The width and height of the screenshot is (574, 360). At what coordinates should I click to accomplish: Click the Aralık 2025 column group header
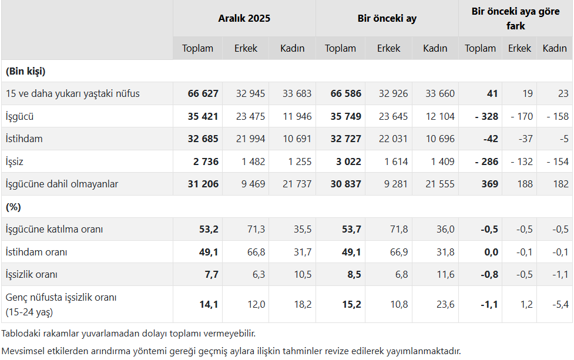pyautogui.click(x=244, y=18)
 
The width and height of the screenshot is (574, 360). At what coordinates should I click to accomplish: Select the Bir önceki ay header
pyautogui.click(x=387, y=18)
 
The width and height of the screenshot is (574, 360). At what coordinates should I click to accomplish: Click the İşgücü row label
pyautogui.click(x=19, y=116)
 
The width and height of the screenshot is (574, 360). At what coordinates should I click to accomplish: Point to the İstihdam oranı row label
pyautogui.click(x=36, y=252)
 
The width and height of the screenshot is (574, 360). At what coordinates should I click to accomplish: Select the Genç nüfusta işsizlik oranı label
pyautogui.click(x=61, y=297)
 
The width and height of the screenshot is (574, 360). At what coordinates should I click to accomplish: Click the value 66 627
pyautogui.click(x=203, y=93)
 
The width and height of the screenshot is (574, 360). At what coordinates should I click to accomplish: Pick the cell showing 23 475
pyautogui.click(x=250, y=116)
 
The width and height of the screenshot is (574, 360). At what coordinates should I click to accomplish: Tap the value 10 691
pyautogui.click(x=297, y=139)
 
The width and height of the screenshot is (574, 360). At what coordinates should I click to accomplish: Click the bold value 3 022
pyautogui.click(x=346, y=162)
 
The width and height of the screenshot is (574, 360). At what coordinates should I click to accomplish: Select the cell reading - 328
pyautogui.click(x=486, y=116)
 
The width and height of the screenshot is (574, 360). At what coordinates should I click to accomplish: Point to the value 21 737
pyautogui.click(x=297, y=184)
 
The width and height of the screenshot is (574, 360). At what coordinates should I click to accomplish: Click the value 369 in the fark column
pyautogui.click(x=489, y=184)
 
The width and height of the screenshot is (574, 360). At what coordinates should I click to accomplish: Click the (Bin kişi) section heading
pyautogui.click(x=25, y=71)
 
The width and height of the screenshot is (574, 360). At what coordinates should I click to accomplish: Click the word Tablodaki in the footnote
pyautogui.click(x=21, y=334)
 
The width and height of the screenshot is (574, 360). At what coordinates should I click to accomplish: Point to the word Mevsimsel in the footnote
pyautogui.click(x=24, y=351)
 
